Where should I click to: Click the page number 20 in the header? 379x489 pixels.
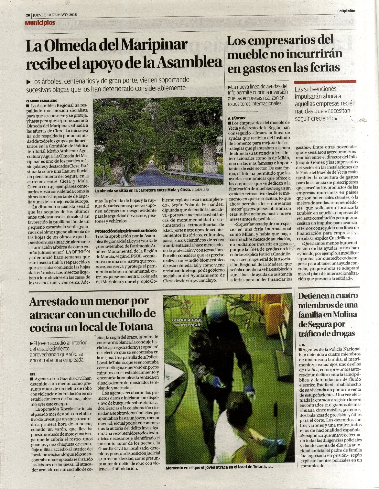(28, 15)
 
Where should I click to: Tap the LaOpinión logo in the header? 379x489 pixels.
(346, 11)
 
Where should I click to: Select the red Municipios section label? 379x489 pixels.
(40, 23)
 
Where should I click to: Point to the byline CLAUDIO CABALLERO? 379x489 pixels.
(41, 101)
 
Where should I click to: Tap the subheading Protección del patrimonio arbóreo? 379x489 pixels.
(126, 231)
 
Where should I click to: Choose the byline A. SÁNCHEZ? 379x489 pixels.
(237, 118)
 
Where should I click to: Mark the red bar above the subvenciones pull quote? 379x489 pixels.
(325, 82)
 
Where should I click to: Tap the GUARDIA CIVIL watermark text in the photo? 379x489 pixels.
(187, 322)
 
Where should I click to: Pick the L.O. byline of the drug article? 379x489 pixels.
(302, 344)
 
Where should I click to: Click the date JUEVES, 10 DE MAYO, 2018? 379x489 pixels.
(55, 15)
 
